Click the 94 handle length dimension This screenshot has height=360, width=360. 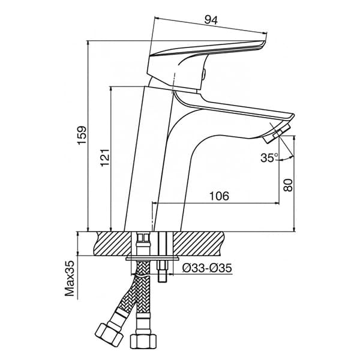[x=211, y=20]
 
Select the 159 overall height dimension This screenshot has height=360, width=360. [x=82, y=135]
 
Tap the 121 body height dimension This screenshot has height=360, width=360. [x=105, y=157]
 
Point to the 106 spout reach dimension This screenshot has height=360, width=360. [x=219, y=196]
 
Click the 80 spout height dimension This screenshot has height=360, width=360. [x=288, y=185]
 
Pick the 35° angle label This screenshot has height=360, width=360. [x=269, y=158]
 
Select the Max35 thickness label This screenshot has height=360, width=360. [x=70, y=278]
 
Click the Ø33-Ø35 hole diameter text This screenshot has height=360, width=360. [x=207, y=268]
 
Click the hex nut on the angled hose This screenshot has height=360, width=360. [x=108, y=334]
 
